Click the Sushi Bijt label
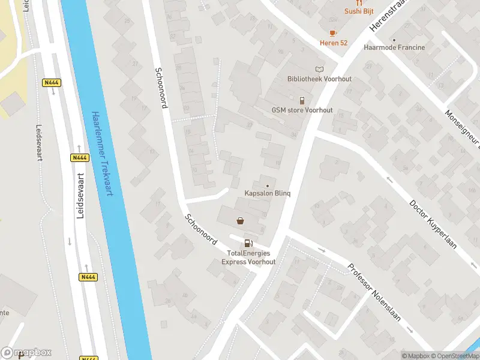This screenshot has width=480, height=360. [x=359, y=11]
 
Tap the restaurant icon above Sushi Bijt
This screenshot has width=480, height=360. [x=359, y=2]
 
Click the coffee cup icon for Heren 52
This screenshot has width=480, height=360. [x=332, y=33]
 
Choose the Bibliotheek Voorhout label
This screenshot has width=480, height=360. [x=319, y=79]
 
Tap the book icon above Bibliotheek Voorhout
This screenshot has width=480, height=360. [x=319, y=70]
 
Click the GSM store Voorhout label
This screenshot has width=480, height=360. [x=302, y=110]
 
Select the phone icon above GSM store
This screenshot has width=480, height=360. [x=302, y=101]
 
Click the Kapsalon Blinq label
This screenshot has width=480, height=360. [x=268, y=193]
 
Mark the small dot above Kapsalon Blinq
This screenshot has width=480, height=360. [x=268, y=185]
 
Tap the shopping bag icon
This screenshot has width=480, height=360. [x=241, y=221]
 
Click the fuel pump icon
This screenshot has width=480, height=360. [x=247, y=243]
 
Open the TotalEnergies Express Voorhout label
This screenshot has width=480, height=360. [x=248, y=257]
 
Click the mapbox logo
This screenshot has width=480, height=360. [x=26, y=353]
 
